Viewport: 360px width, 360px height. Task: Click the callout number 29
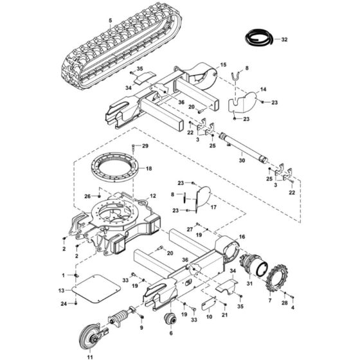click(x=145, y=147)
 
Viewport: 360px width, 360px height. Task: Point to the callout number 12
click(x=152, y=195)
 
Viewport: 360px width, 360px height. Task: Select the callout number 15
click(x=224, y=66)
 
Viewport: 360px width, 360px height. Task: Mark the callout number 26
click(x=87, y=197)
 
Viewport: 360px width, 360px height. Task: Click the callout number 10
click(x=209, y=316)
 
